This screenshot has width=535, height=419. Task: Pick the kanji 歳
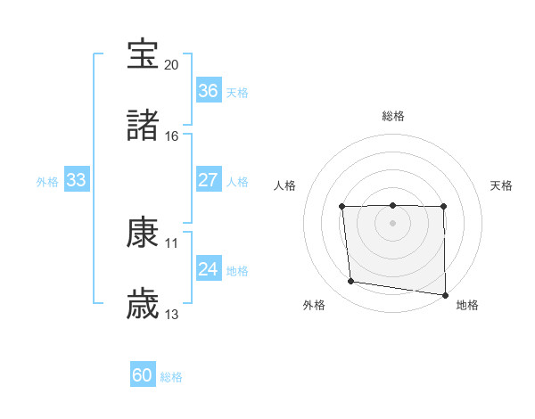click(x=143, y=303)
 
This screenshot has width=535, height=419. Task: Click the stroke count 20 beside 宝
click(x=172, y=65)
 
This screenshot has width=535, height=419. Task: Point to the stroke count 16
click(x=172, y=136)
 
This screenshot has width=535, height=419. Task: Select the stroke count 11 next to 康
click(x=172, y=242)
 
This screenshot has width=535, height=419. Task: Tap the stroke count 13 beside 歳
click(x=172, y=314)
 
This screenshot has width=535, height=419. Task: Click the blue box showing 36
click(x=208, y=91)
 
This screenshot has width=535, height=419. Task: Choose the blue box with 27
click(x=208, y=180)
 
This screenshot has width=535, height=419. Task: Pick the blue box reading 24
click(x=208, y=269)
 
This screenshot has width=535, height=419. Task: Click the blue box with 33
click(x=77, y=180)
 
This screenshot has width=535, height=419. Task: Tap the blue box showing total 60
click(x=143, y=375)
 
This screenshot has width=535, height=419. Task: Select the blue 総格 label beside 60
click(x=171, y=377)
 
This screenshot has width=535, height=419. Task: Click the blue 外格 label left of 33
click(x=47, y=182)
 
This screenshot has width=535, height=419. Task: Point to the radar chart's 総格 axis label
click(x=393, y=116)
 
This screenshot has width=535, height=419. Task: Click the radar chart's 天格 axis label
click(x=501, y=185)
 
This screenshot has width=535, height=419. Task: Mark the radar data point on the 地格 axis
click(x=444, y=295)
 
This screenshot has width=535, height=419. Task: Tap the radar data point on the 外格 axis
click(x=351, y=282)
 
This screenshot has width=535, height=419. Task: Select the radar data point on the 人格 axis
click(x=342, y=207)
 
